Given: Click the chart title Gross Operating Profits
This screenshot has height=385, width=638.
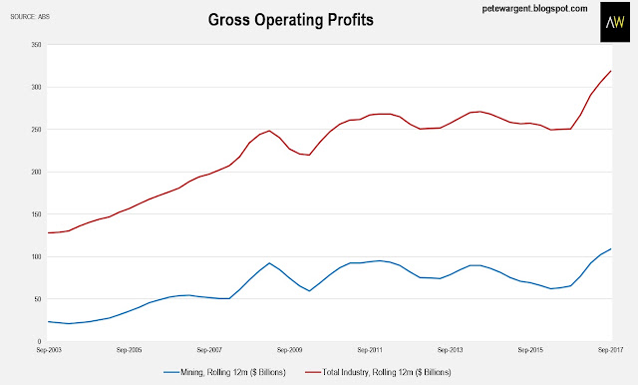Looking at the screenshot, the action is click(290, 20).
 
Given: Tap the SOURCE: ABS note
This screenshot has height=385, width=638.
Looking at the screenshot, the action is click(30, 17).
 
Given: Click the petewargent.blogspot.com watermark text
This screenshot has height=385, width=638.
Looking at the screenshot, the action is click(534, 9).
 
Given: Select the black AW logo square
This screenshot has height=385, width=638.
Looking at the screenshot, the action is click(615, 22).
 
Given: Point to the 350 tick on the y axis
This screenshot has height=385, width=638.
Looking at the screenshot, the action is click(36, 45).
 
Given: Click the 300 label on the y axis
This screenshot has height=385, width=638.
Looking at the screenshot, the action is click(36, 87).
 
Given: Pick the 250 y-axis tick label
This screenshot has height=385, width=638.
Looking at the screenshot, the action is click(36, 130).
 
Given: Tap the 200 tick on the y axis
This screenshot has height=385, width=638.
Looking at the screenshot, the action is click(36, 172).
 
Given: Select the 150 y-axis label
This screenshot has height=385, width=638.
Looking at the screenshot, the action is click(36, 214).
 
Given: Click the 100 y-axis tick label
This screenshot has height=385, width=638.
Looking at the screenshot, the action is click(36, 256).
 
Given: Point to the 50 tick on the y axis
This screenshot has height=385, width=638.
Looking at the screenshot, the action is click(38, 299).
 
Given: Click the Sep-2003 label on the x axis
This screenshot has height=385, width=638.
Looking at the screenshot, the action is click(49, 350).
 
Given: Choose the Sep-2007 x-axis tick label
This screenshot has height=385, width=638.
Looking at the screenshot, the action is click(209, 350).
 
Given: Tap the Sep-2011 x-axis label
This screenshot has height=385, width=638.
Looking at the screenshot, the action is click(370, 350).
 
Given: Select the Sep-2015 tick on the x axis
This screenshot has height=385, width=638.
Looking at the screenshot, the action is click(530, 350).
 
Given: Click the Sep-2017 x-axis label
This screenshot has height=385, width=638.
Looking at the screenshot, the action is click(610, 350).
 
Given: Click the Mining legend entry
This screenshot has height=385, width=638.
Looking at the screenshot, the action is click(224, 372).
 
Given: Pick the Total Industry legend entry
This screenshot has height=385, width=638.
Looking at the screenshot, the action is click(378, 372).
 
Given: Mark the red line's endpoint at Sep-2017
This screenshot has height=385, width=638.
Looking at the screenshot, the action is click(611, 71).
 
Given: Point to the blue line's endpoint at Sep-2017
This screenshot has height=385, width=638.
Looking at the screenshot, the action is click(611, 248).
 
